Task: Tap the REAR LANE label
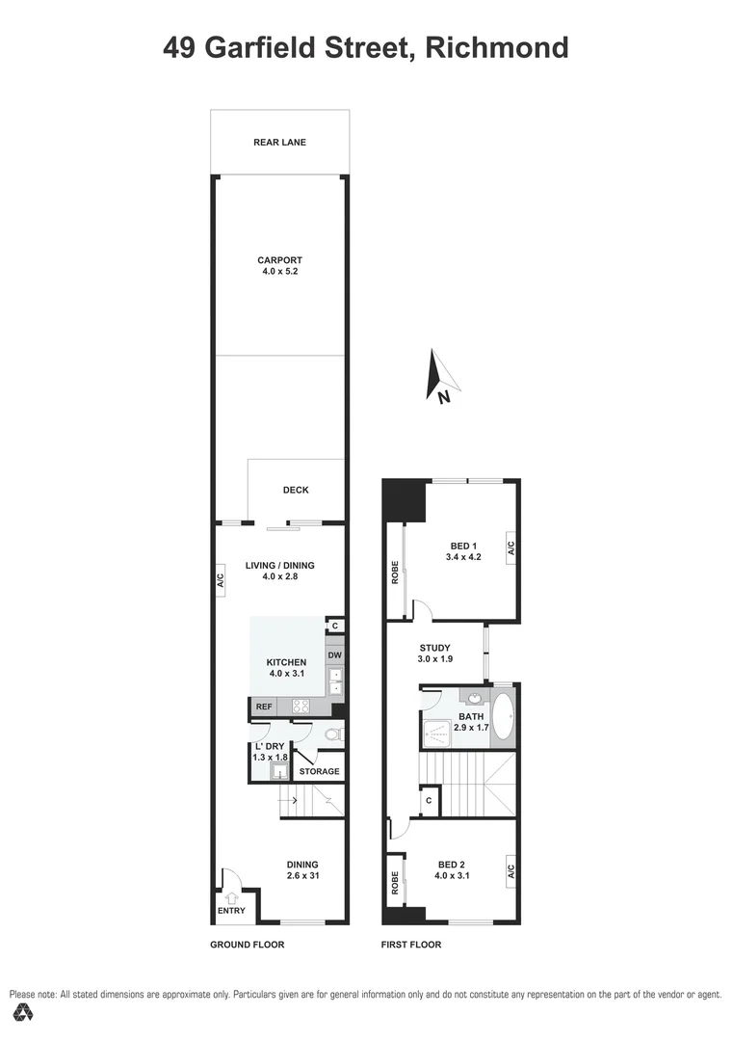(279, 143)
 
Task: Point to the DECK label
(296, 490)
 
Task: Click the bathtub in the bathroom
(504, 717)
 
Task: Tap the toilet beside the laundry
(330, 735)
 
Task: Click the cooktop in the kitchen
(301, 706)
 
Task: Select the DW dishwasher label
(334, 656)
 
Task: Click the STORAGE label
(319, 771)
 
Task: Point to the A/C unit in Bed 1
(510, 548)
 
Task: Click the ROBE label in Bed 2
(395, 882)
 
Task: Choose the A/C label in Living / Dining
(220, 581)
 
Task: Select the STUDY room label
(435, 648)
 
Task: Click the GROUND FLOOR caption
(247, 945)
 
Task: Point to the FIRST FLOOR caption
(411, 945)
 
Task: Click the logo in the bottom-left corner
(23, 1012)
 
